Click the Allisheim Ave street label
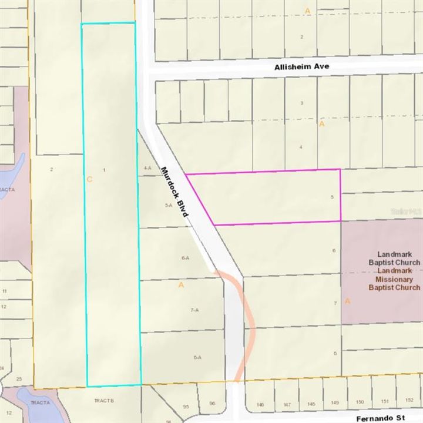(302, 67)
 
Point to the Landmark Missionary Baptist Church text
(394, 279)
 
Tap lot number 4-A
(147, 168)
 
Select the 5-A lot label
(169, 205)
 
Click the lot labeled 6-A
(186, 258)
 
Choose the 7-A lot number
(194, 310)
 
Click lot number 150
(360, 402)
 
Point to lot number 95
(186, 407)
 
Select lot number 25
(19, 379)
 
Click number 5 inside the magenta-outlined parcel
(333, 197)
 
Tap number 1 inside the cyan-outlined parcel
(104, 170)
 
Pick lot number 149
(335, 403)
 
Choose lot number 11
(4, 291)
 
